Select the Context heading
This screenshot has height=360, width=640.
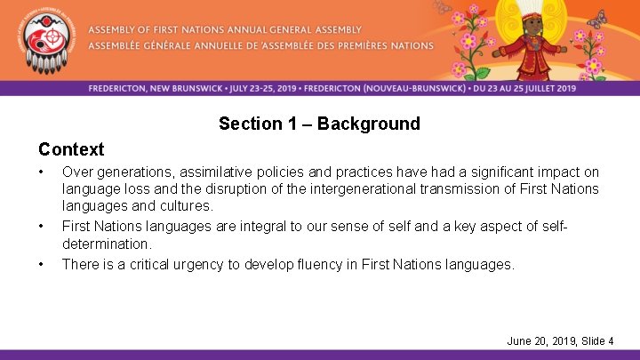click(x=71, y=149)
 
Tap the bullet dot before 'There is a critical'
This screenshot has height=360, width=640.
click(x=43, y=264)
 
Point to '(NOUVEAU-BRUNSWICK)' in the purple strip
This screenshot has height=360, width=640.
click(x=409, y=88)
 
